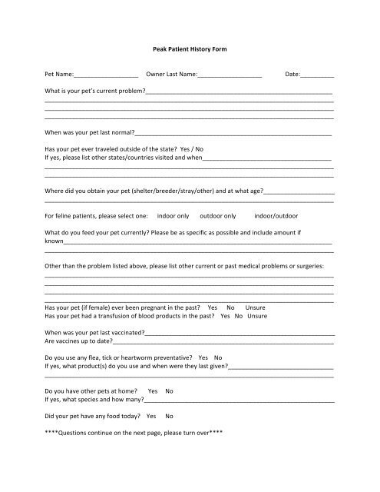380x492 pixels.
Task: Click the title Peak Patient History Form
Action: point(189,49)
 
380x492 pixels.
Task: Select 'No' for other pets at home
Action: point(169,391)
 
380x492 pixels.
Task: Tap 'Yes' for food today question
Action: point(151,415)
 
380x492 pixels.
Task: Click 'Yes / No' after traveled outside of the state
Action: point(195,148)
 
